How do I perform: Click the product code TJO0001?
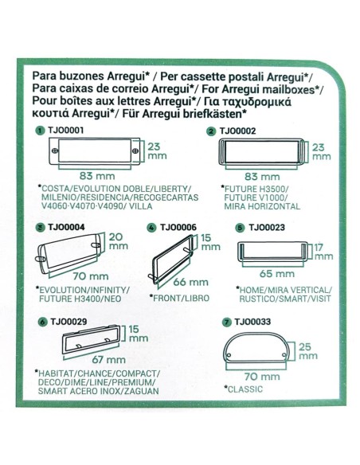(64, 130)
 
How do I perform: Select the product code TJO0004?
(64, 227)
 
